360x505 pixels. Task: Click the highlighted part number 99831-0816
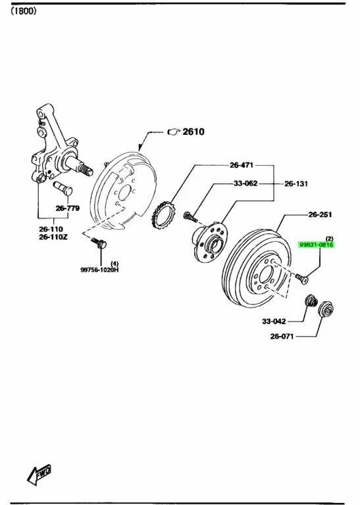317,245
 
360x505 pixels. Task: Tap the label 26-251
320,214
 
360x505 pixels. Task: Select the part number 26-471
242,165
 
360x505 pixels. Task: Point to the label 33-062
245,183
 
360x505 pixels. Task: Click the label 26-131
296,184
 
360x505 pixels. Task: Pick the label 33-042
274,321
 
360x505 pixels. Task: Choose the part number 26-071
282,337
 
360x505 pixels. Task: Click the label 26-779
68,208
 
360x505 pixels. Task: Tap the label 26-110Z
53,237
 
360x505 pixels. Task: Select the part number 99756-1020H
99,270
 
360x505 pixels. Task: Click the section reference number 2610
193,132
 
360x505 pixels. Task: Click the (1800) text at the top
23,11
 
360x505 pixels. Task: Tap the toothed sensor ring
163,214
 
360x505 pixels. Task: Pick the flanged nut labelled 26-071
326,310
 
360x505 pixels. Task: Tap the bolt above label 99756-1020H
99,243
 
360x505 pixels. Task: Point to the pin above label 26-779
63,188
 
